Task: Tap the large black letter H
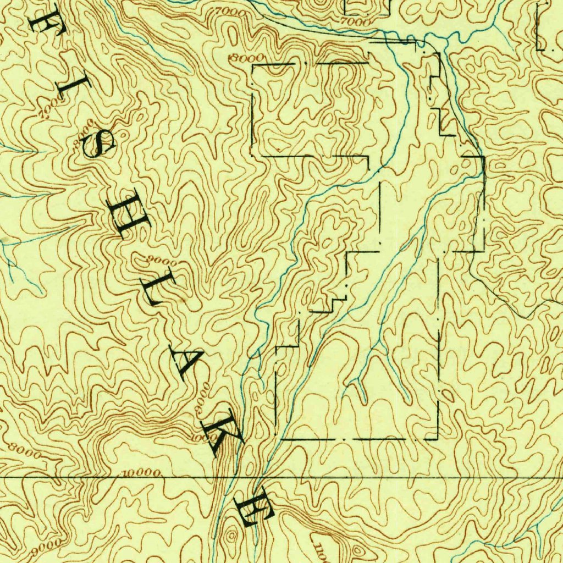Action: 131,213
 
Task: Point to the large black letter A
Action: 186,360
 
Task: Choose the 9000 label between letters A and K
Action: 201,398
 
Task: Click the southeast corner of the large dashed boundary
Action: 438,439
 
